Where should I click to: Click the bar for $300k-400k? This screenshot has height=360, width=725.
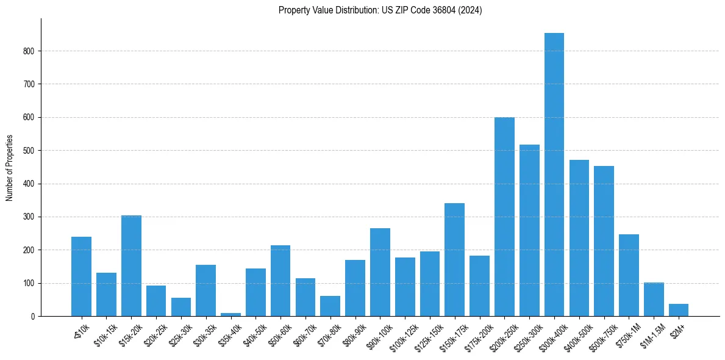(x=554, y=175)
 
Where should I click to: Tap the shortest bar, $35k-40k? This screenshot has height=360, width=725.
(x=230, y=314)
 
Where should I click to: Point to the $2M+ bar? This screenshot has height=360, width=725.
(x=678, y=310)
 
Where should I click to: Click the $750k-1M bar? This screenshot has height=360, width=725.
(x=629, y=275)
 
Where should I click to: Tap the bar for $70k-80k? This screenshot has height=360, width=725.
(x=330, y=306)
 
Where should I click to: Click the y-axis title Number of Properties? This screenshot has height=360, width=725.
(x=9, y=167)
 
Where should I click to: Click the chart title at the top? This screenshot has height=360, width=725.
(x=380, y=10)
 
